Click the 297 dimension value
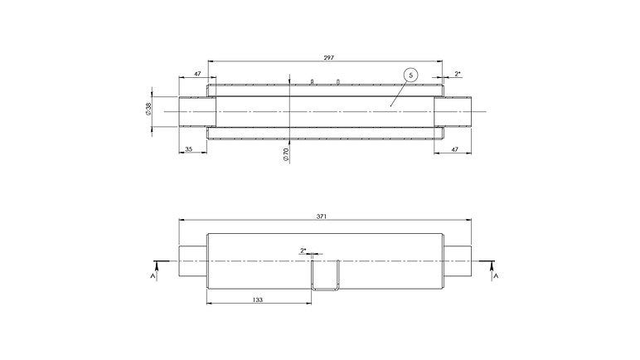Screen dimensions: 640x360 (328, 57)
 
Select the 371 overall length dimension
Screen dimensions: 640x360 (322, 216)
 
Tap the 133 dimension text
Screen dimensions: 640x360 (258, 300)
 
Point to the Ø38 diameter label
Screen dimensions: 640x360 (148, 109)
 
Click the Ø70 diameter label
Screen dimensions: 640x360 (286, 154)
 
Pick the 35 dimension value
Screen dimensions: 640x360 (188, 149)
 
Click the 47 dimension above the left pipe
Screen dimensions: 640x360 (197, 74)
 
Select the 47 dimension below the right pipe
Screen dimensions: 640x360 (454, 149)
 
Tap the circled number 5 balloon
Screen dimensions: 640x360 (411, 75)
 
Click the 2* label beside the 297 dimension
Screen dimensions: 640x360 (458, 74)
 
